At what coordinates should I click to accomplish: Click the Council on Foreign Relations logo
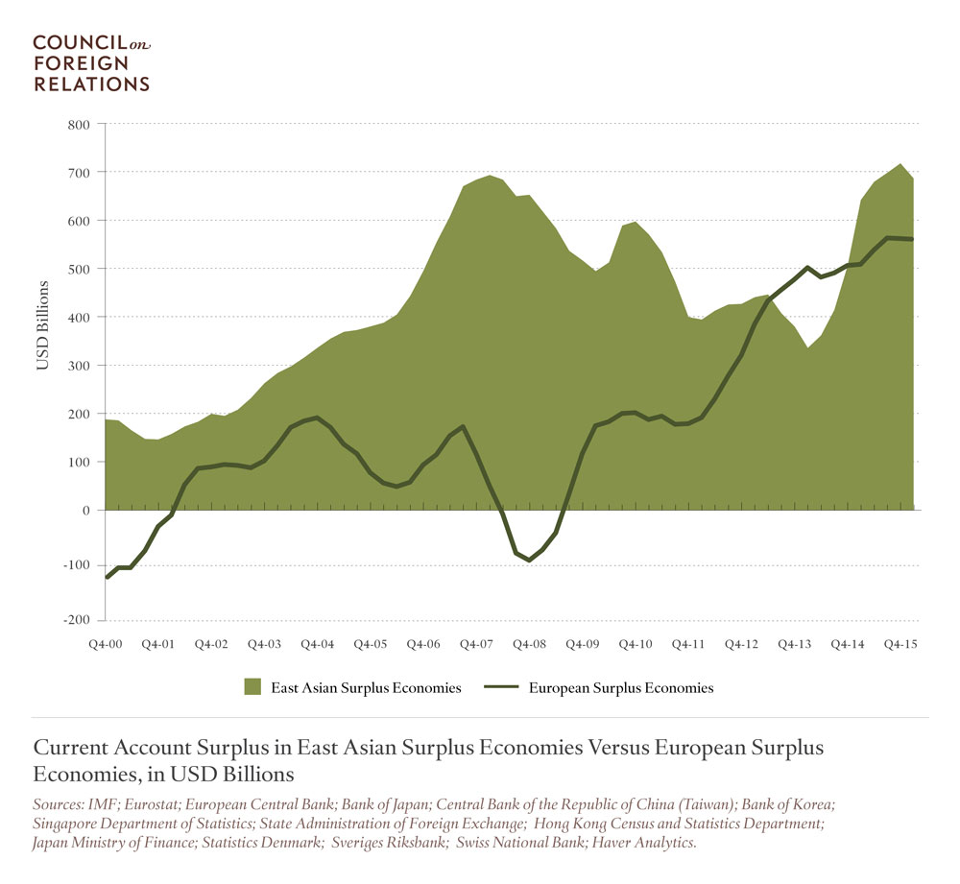click(x=92, y=63)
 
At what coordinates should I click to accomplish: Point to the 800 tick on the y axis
click(x=78, y=125)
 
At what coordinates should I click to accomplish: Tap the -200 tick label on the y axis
click(x=75, y=620)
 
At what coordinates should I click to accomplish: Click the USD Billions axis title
click(x=43, y=325)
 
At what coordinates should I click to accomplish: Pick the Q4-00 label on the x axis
click(x=106, y=644)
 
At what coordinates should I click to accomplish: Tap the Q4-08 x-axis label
click(x=529, y=644)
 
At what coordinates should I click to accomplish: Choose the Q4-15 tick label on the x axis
click(x=899, y=644)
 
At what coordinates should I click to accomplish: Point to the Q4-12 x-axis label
click(x=740, y=644)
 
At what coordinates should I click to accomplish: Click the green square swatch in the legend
click(x=253, y=687)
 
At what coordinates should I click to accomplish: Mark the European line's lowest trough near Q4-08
click(x=529, y=561)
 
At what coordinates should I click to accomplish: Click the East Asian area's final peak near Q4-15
click(x=900, y=164)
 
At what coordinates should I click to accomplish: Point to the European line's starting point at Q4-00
click(x=107, y=577)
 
